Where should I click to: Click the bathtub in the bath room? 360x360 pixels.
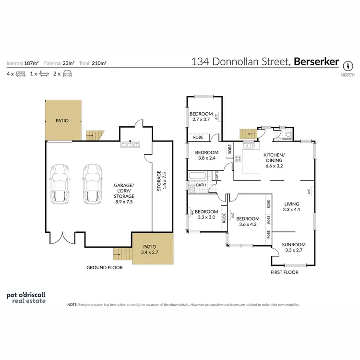point(198,175)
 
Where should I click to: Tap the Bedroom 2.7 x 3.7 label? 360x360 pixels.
point(202,117)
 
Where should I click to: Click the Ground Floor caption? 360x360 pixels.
point(104,267)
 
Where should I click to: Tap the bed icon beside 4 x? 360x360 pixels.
point(20,74)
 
